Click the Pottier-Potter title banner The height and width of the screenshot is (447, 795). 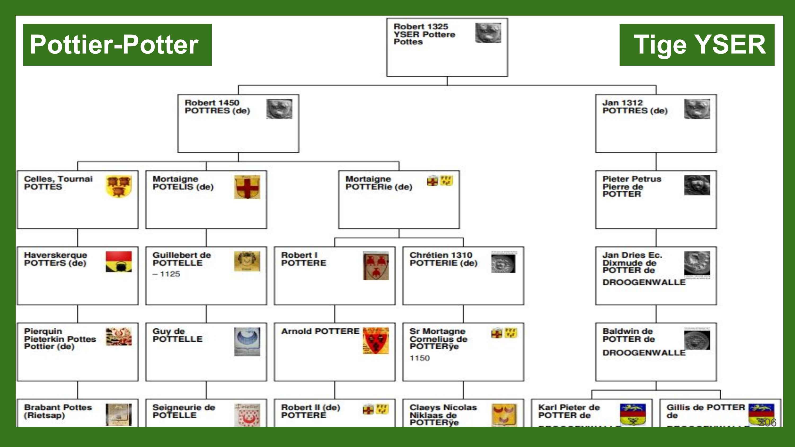[117, 45]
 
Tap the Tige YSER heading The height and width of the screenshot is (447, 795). [697, 45]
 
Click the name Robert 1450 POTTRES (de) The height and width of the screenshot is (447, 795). [217, 107]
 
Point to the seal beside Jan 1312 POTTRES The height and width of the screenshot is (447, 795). [697, 109]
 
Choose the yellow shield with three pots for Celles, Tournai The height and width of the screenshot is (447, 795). [118, 186]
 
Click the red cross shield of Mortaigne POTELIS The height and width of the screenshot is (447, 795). [247, 187]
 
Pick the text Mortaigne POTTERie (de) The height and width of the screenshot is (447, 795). [379, 183]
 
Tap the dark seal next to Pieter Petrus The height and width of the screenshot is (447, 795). [697, 185]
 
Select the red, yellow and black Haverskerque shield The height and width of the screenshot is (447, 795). [118, 262]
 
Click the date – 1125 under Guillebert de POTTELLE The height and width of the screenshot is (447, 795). [166, 274]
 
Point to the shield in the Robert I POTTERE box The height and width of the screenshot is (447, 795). [376, 266]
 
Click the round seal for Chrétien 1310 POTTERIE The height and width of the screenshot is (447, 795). [503, 263]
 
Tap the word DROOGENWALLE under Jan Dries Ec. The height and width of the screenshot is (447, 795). [644, 283]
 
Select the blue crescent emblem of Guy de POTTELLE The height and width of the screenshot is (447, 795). [247, 341]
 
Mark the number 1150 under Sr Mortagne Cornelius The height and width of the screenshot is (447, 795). [420, 358]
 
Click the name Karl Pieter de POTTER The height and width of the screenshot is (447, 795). [568, 411]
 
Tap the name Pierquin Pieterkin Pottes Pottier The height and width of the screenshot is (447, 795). [60, 339]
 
